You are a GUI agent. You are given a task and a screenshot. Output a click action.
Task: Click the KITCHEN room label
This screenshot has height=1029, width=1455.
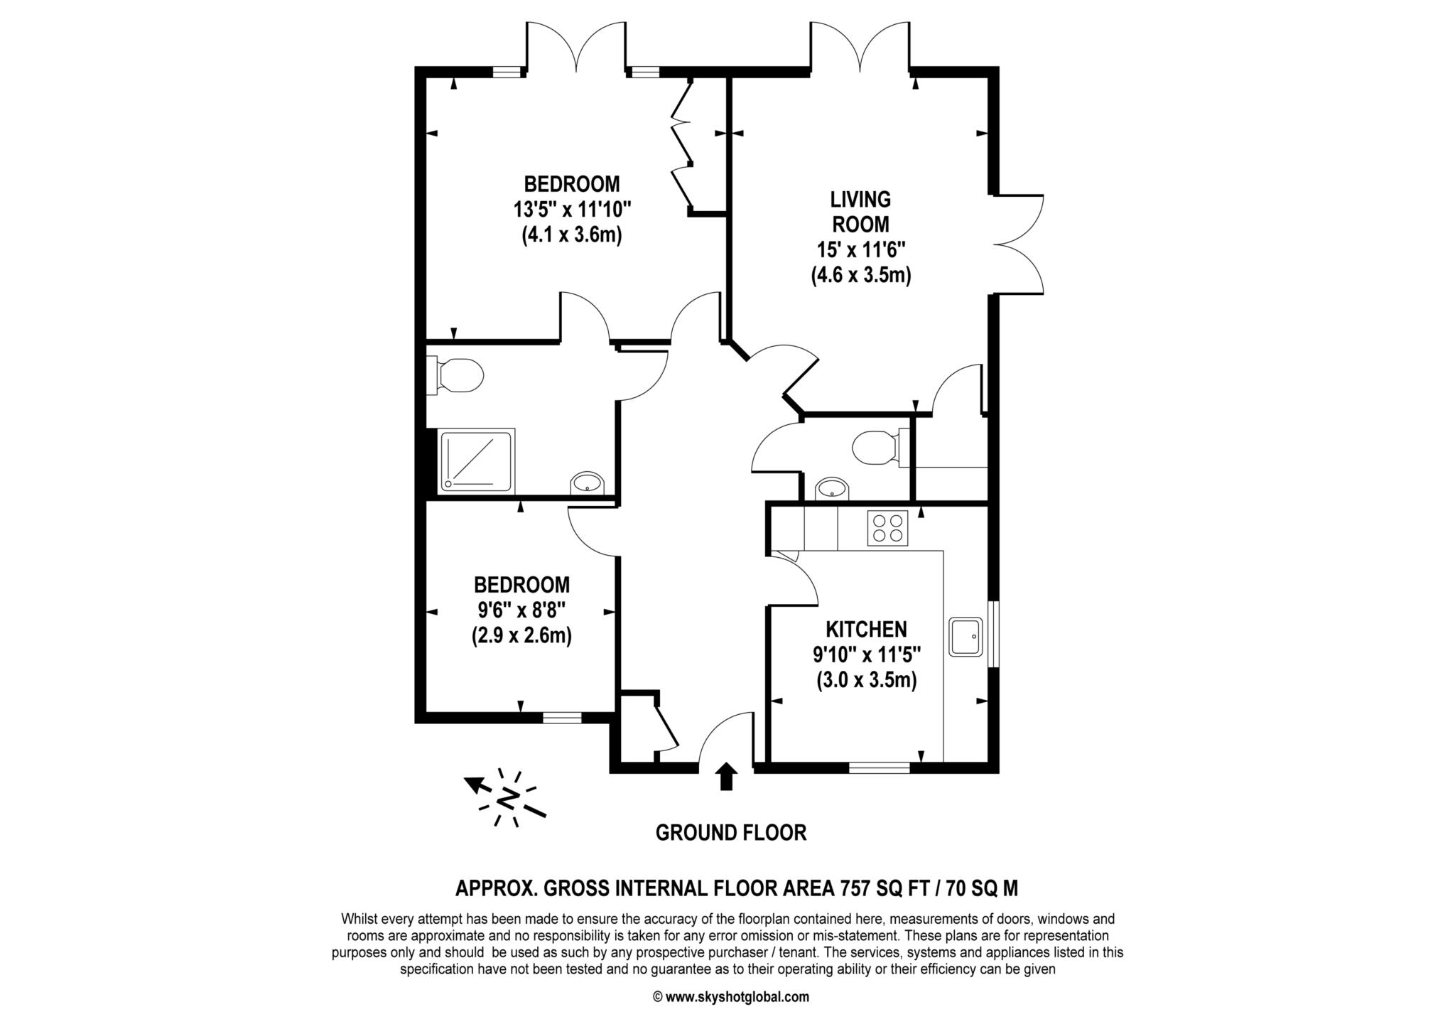click(x=866, y=629)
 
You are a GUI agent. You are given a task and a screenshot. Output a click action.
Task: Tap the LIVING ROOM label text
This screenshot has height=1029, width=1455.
click(x=861, y=211)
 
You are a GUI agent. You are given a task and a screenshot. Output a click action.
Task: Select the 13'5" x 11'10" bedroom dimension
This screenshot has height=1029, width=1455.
click(x=573, y=210)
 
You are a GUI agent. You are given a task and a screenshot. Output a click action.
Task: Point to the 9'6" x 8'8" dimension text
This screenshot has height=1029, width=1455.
click(x=521, y=610)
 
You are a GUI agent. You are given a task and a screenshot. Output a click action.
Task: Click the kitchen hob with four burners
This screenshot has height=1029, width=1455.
click(x=887, y=528)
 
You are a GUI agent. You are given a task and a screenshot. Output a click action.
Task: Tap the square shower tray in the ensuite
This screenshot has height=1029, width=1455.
click(x=477, y=460)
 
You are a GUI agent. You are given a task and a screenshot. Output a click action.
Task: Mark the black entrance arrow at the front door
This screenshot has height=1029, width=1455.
click(x=725, y=776)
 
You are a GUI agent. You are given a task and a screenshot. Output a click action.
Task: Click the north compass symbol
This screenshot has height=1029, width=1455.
click(x=507, y=798)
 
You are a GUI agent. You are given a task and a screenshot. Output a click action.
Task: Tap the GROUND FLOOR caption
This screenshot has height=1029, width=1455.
click(x=731, y=833)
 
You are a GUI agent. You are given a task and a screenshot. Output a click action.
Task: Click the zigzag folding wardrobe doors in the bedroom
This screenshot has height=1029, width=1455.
click(x=682, y=147)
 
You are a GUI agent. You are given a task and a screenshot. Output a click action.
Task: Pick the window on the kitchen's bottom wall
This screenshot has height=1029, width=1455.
click(x=880, y=767)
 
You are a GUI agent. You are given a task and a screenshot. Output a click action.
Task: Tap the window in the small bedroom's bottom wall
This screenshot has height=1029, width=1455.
click(x=562, y=718)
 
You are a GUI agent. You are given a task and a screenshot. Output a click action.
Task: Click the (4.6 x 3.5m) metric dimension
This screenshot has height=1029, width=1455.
click(x=861, y=275)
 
